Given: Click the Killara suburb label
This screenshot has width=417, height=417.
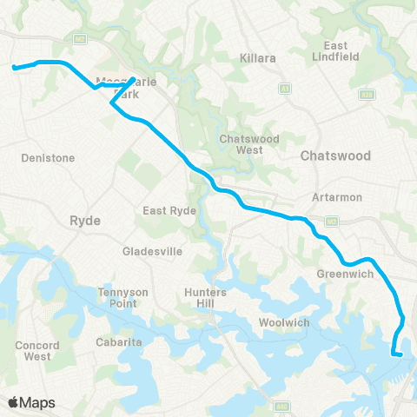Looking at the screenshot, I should click(x=257, y=57).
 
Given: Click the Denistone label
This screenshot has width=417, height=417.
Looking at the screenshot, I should click(x=49, y=158).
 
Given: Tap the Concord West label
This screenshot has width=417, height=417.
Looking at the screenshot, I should click(x=37, y=350).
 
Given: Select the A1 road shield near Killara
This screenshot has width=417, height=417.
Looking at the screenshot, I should click(x=284, y=89).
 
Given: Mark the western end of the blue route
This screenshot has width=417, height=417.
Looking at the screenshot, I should click(x=14, y=66).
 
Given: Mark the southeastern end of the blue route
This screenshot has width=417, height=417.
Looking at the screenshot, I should click(x=402, y=354).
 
